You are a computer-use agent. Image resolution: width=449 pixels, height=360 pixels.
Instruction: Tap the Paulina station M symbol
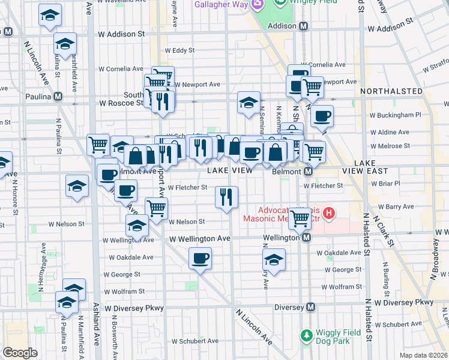58,96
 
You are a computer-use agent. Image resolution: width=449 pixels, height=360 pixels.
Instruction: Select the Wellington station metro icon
306,238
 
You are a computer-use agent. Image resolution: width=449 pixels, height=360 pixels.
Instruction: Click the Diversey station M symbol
310,307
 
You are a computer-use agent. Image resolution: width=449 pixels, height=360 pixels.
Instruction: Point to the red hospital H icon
328,212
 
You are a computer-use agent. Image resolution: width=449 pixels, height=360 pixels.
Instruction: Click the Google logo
20,353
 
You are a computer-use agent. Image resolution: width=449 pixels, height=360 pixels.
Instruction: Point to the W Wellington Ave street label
200,238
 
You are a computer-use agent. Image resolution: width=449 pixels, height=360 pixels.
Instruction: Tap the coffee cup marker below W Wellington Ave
200,259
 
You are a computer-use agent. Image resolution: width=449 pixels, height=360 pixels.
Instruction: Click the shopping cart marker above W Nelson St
156,208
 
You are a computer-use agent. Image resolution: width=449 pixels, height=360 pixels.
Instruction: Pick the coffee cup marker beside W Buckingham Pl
322,115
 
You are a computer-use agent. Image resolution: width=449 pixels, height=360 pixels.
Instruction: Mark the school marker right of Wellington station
274,260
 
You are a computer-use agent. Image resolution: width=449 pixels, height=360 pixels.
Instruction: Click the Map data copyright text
424,355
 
